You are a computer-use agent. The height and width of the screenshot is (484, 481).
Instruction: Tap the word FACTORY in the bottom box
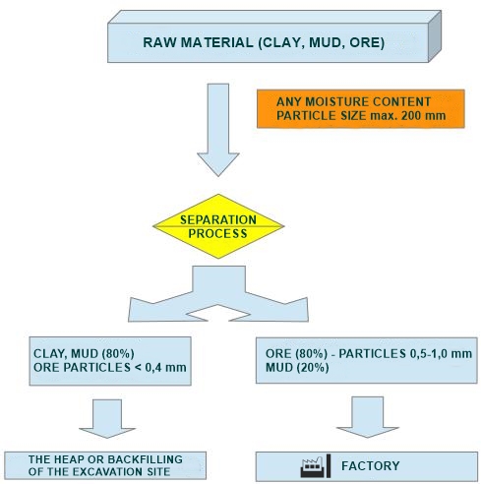pos(371,466)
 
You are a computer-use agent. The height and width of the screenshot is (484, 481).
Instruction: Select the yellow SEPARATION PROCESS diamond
pos(218,226)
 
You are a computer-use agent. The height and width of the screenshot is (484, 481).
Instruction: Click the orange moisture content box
pos(361,108)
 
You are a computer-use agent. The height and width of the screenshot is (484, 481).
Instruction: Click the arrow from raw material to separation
pos(218,130)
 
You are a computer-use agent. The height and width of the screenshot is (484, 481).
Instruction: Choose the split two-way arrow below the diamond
pos(218,294)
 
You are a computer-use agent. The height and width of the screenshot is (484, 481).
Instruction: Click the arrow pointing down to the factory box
pos(367,417)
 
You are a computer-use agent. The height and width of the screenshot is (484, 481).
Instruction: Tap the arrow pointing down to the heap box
pos(107,418)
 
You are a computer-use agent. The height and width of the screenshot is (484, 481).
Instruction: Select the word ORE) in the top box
pos(367,43)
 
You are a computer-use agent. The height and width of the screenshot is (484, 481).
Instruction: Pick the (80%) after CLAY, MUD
pos(118,354)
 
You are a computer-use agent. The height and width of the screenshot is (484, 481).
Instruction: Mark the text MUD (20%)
pos(297,368)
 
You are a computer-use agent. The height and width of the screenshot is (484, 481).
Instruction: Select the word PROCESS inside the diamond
pos(217,233)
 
